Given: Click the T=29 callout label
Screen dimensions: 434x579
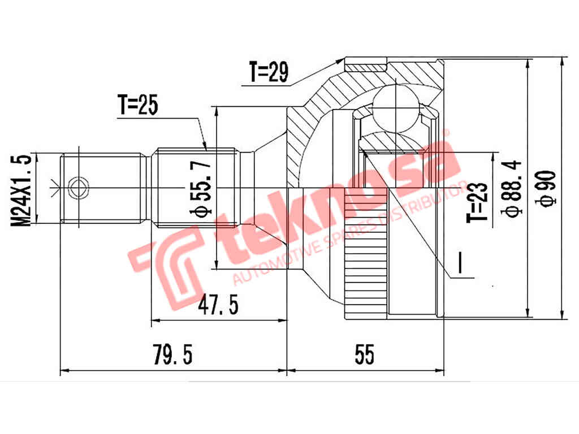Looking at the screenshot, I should pos(269,72).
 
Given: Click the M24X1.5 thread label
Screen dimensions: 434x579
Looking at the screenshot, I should pos(23,190).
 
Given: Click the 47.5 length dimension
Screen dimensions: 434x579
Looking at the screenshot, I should pos(218,306).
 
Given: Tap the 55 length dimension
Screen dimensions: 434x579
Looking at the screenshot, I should pos(365,355).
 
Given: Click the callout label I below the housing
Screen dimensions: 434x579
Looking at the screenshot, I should pos(461,263).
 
